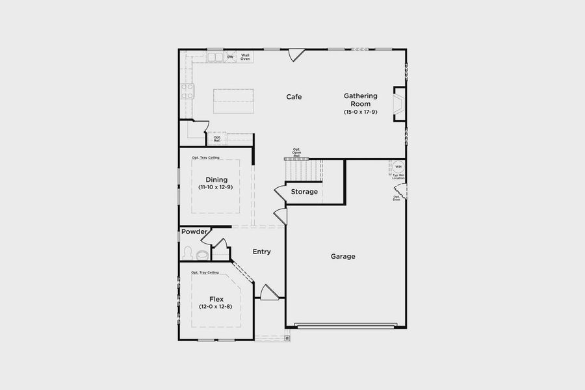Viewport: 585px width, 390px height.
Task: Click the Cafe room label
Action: tap(294, 97)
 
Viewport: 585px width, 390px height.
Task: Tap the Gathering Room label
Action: tap(361, 100)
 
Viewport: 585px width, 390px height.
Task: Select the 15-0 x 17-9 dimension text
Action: tap(361, 112)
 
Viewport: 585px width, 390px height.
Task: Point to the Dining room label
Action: tap(216, 179)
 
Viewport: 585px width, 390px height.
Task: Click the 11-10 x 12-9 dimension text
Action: tap(216, 187)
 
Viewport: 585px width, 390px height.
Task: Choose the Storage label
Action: tap(304, 192)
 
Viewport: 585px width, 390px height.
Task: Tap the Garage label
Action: tap(343, 257)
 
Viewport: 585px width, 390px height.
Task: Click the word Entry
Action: tap(262, 252)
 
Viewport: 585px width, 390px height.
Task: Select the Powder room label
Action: tap(194, 232)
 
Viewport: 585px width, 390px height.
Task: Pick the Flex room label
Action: tap(216, 299)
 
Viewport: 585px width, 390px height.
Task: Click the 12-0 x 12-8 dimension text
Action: tap(216, 307)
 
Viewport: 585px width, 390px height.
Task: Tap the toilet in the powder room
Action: tap(189, 253)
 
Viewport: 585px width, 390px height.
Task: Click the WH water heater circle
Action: tap(398, 166)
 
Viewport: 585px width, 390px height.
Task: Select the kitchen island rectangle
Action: tap(233, 101)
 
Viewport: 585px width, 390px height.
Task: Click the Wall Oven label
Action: tap(246, 57)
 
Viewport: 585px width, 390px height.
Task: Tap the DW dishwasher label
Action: tap(230, 57)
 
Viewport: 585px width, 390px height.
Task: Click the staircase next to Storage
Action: tap(304, 170)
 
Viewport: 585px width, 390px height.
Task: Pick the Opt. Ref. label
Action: tap(217, 138)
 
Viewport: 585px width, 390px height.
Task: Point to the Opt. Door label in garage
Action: tap(396, 198)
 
